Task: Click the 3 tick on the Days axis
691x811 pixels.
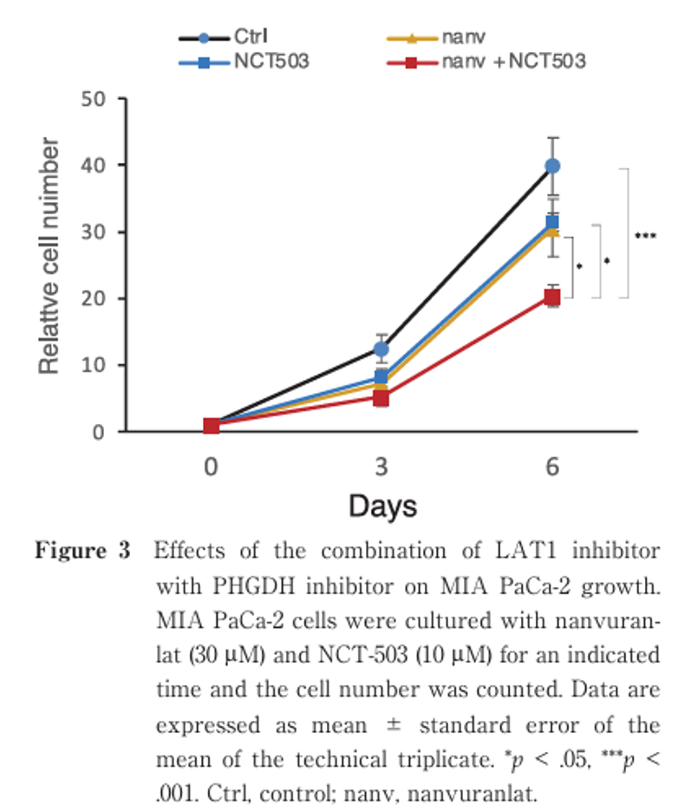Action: tap(381, 466)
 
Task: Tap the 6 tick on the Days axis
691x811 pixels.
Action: tap(552, 466)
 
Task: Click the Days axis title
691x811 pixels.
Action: tap(383, 506)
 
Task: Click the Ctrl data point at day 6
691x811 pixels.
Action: tap(552, 166)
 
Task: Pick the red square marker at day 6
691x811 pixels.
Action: tap(552, 298)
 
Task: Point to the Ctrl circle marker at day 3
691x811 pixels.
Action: tap(381, 350)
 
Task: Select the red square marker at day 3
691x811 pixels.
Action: tap(381, 398)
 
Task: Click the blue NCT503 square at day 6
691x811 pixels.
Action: tap(552, 223)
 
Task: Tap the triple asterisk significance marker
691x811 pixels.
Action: tap(645, 235)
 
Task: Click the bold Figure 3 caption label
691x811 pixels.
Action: tap(82, 552)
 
